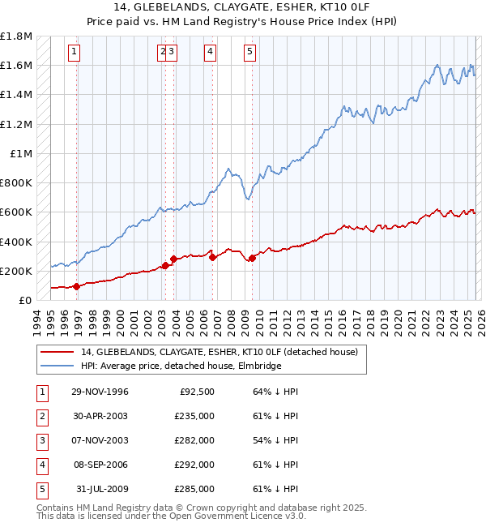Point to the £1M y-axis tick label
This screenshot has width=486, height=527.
point(21,153)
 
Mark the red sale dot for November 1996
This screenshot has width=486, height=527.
point(77,286)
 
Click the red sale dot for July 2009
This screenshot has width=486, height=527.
point(252,259)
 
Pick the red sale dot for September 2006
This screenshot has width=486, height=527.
point(212,257)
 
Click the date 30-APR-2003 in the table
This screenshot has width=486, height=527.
point(100,415)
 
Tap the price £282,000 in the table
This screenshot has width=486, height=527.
point(194,439)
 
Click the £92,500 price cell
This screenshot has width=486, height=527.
point(197,392)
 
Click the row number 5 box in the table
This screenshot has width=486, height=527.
point(40,489)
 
